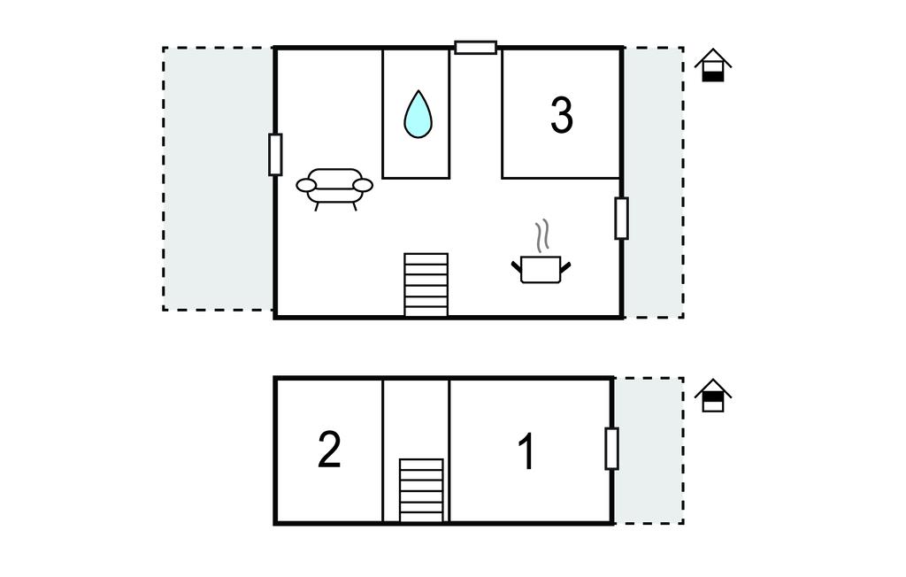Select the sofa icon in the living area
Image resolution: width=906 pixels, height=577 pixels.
click(334, 188)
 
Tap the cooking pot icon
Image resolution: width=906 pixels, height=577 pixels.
click(541, 269)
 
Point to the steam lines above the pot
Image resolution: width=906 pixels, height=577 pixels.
click(542, 236)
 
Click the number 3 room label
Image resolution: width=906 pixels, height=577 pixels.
click(562, 116)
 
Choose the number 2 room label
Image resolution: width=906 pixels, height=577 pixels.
click(329, 450)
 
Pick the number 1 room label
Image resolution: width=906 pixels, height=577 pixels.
click(526, 451)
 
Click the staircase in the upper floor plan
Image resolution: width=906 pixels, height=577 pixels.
click(426, 285)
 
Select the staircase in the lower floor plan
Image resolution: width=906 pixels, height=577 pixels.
click(422, 490)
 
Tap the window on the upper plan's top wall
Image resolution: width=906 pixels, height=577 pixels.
click(475, 48)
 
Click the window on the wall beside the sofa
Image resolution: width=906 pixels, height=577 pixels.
click(276, 154)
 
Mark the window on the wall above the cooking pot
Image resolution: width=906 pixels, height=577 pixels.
click(621, 218)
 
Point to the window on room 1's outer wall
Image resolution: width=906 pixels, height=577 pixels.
click(612, 449)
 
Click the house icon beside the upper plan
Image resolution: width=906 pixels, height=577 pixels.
click(713, 65)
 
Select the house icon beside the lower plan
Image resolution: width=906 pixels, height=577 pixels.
click(713, 396)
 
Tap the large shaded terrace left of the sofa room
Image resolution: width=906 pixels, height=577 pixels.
click(218, 179)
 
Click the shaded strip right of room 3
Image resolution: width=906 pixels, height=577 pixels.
click(654, 182)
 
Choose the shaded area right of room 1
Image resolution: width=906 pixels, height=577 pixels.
click(649, 451)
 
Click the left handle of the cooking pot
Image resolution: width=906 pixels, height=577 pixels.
click(516, 266)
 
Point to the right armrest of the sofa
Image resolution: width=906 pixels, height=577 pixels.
click(363, 185)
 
